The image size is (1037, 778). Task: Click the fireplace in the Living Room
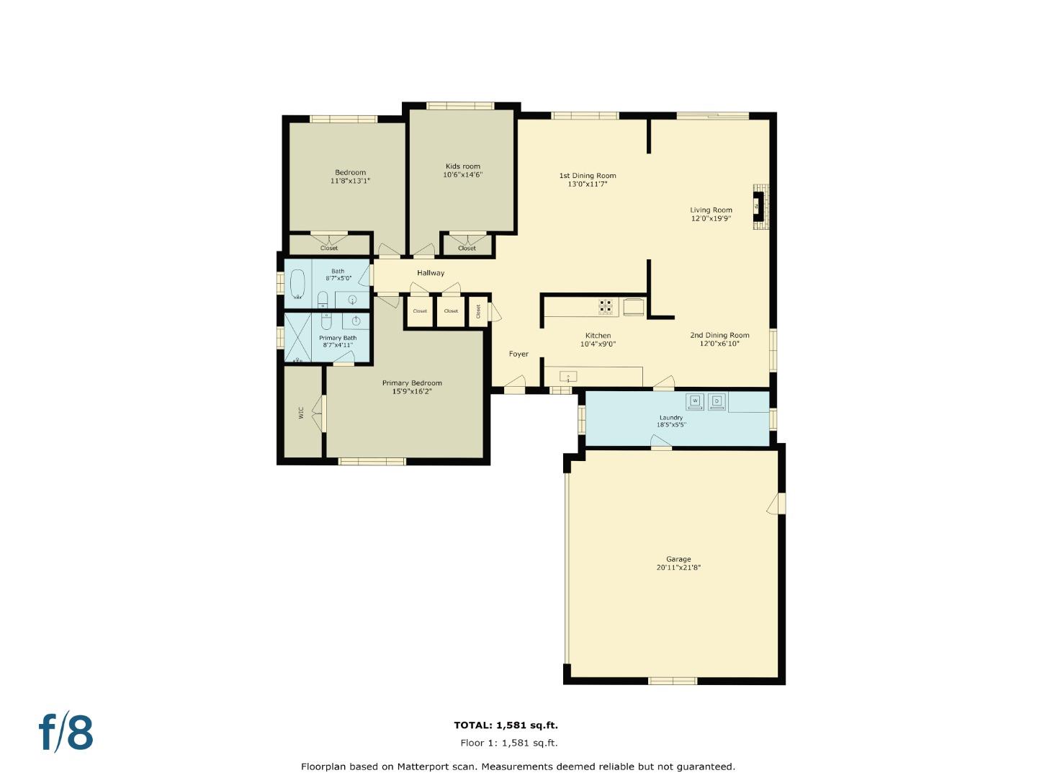tap(759, 207)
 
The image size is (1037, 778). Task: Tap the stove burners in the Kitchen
tap(606, 307)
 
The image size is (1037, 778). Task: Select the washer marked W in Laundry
tap(695, 401)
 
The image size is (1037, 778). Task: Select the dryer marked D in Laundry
tap(717, 401)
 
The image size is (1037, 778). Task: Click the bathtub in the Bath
tap(297, 284)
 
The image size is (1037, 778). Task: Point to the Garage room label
tap(678, 559)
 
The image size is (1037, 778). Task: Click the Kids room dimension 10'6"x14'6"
tap(462, 175)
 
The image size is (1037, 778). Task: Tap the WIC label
tap(302, 412)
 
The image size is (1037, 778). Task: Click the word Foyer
tap(518, 354)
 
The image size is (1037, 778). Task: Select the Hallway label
tap(431, 273)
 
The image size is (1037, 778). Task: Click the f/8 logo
tap(66, 733)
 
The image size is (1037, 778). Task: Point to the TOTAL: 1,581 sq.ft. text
tap(506, 725)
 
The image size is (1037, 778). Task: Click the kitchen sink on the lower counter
tap(568, 377)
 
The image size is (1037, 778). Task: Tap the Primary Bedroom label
tap(412, 383)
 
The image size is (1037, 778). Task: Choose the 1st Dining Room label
tap(588, 176)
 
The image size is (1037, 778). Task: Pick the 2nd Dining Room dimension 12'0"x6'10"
tap(719, 344)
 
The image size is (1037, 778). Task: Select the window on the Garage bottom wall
tap(673, 680)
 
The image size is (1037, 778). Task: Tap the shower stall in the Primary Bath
tap(297, 336)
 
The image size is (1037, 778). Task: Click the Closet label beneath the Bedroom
tap(328, 249)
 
